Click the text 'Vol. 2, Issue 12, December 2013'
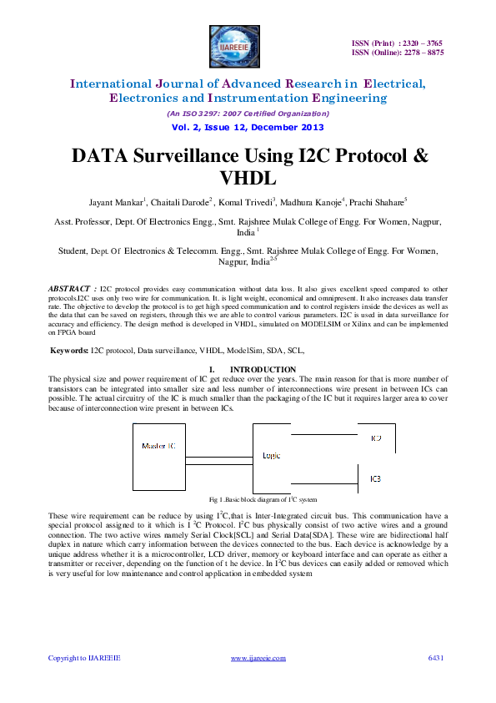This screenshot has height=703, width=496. [248, 128]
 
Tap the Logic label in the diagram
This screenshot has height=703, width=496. [272, 455]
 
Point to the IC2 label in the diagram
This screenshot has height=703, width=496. [376, 438]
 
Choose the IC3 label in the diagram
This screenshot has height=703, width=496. [376, 478]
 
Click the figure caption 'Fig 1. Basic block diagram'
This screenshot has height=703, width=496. [248, 498]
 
